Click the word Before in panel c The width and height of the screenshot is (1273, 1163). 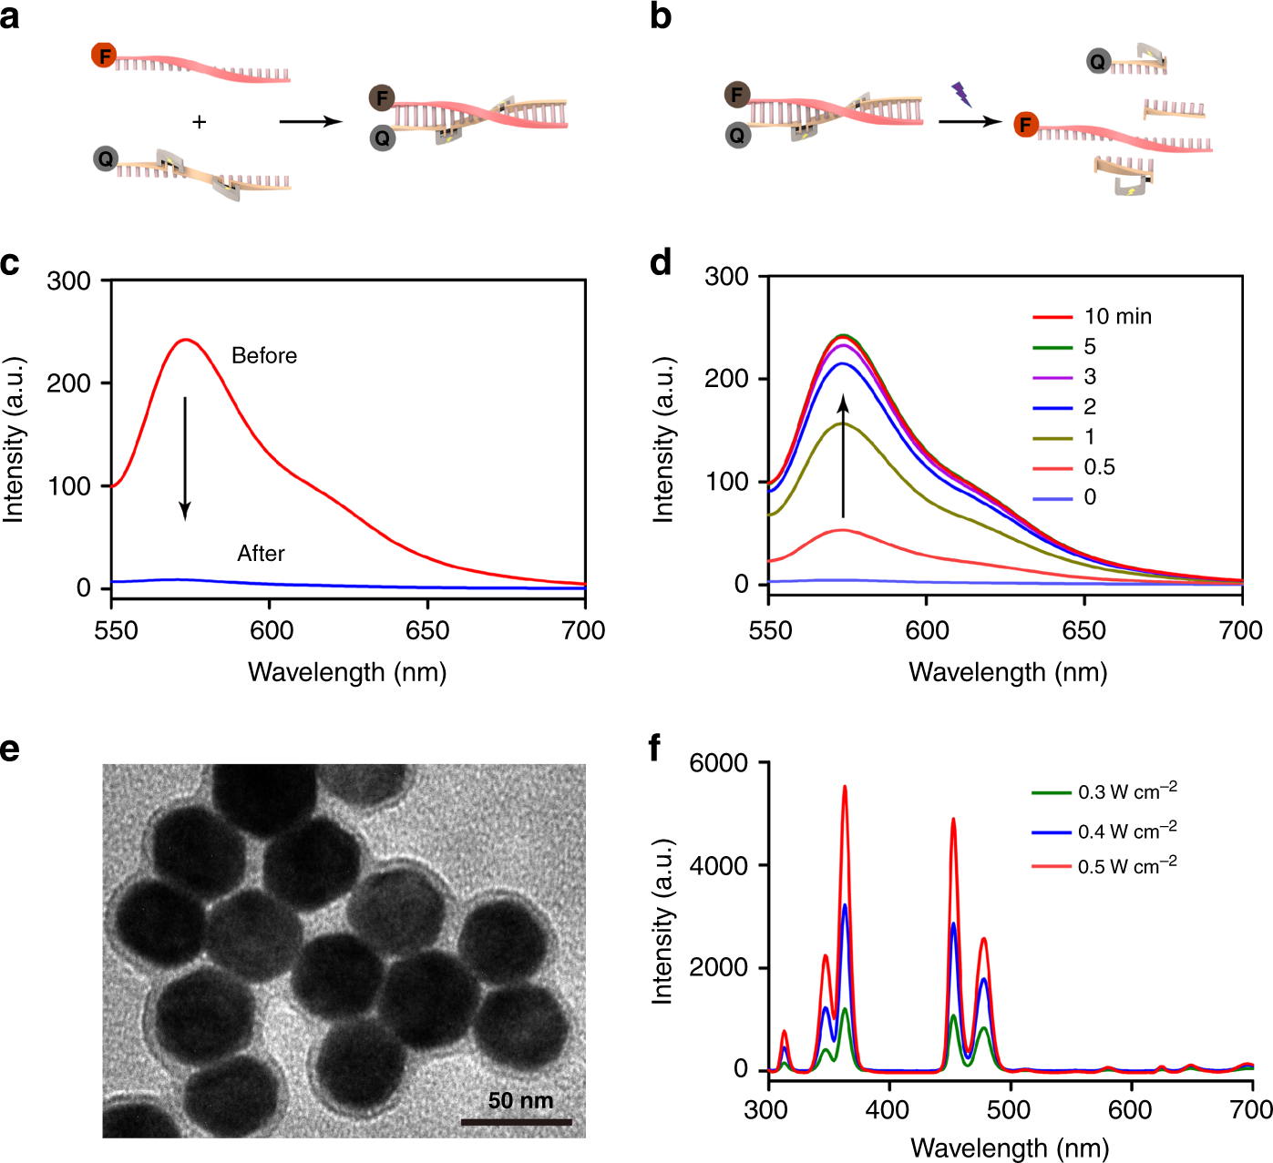pyautogui.click(x=264, y=355)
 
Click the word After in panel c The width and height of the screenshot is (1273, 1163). pyautogui.click(x=261, y=554)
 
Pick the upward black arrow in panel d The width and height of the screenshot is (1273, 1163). pyautogui.click(x=843, y=455)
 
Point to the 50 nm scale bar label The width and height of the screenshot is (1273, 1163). pyautogui.click(x=520, y=1100)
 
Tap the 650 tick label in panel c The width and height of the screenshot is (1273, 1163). pyautogui.click(x=427, y=630)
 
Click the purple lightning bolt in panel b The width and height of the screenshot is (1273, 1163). pyautogui.click(x=960, y=93)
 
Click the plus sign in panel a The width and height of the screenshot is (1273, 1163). pyautogui.click(x=200, y=122)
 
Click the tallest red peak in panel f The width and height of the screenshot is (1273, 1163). pyautogui.click(x=845, y=788)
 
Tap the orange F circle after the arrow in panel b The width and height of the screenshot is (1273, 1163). pyautogui.click(x=1026, y=125)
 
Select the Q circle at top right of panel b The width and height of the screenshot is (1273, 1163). pyautogui.click(x=1098, y=61)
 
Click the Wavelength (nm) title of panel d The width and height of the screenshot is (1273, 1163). pyautogui.click(x=1008, y=673)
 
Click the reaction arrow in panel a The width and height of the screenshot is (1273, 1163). pyautogui.click(x=310, y=121)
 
